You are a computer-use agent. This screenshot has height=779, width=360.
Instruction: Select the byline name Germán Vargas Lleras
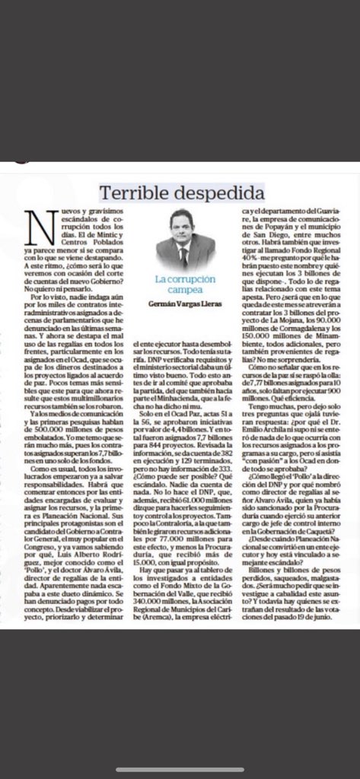180,305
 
